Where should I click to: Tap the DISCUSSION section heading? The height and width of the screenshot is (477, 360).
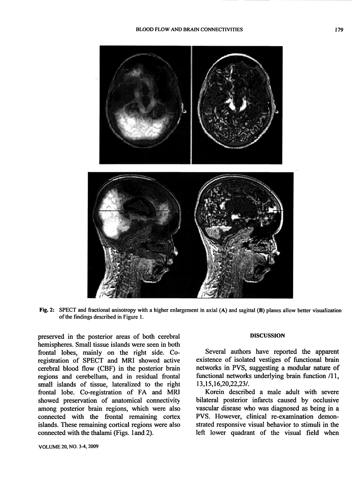coord(267,335)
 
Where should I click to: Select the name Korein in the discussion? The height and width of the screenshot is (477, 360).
coord(216,392)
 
